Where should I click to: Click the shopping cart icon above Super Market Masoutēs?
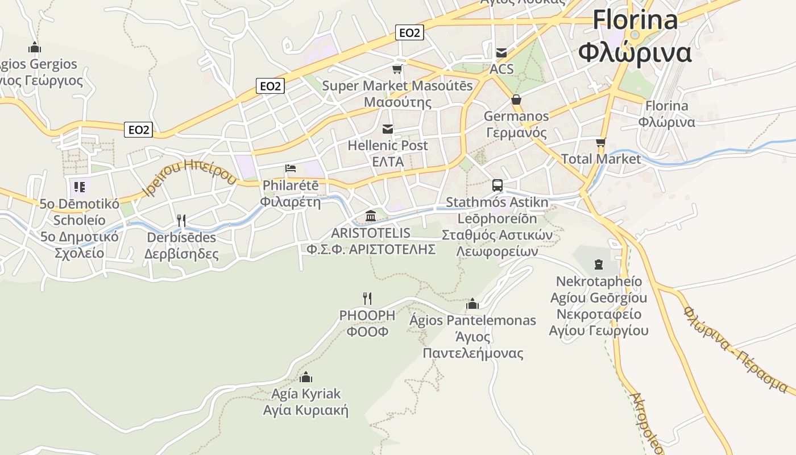coord(397,69)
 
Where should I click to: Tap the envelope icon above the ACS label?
coord(501,53)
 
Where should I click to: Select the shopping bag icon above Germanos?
coord(516,100)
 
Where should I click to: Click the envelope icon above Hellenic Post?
coord(388,129)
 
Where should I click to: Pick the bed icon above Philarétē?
coord(291,168)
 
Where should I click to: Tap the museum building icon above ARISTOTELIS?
coord(371,216)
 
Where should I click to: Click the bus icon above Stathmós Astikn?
coord(498,185)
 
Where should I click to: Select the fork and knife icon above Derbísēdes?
coord(181,220)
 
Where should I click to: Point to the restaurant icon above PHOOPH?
coord(367,298)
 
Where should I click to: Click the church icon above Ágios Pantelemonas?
coord(472,304)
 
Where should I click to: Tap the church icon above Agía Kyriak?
coord(306,377)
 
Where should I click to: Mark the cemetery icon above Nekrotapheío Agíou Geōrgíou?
coord(599,264)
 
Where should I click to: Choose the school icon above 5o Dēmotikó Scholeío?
coord(79,187)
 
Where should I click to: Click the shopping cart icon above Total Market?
coord(601,142)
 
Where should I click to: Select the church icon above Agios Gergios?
coord(35,47)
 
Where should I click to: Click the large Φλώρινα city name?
coord(635,53)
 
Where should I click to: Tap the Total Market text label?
coord(601,159)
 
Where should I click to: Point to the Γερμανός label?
coord(516,133)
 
